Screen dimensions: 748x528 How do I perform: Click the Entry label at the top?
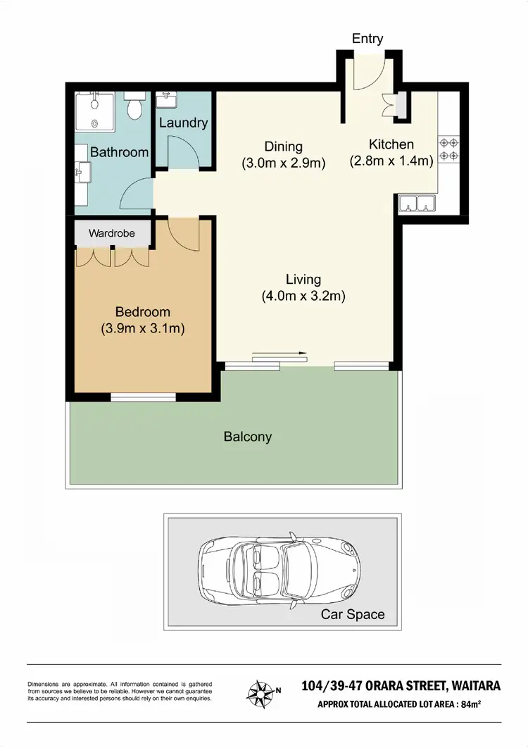coord(367,39)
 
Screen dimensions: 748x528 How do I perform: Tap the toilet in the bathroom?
coord(134,106)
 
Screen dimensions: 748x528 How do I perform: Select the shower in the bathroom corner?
coord(95,111)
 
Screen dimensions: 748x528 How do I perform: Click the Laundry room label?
coord(183,123)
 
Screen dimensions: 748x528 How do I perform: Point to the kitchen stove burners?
coord(449,147)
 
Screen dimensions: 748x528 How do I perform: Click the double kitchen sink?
coord(417,204)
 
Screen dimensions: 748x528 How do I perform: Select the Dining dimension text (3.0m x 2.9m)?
coord(283,163)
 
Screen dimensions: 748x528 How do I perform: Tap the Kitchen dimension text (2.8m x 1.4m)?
coord(391,161)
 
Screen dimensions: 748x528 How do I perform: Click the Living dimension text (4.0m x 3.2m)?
coord(303,296)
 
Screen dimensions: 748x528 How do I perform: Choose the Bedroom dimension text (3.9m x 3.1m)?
coord(143,328)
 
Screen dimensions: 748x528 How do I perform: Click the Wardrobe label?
coord(111,232)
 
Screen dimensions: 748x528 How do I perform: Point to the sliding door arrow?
coord(279,354)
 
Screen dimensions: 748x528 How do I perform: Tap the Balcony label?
coord(247,437)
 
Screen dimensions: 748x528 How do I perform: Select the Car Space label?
coord(353,614)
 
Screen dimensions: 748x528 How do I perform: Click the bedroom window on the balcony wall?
coord(143,397)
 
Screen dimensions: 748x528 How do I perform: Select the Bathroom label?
coord(119,152)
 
